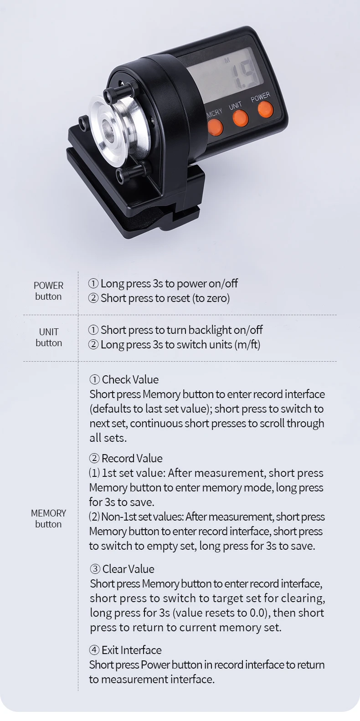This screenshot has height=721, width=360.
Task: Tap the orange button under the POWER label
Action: coord(265,110)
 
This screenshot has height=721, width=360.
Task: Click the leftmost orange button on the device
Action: coord(215,127)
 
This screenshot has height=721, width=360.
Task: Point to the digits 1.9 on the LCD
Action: coord(244,75)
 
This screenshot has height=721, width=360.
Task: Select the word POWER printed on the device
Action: coord(260,97)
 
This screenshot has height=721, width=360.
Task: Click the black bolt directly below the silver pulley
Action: coord(123,174)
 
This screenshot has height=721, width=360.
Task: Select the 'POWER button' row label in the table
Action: coord(48,291)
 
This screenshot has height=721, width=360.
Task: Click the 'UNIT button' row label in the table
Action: coord(48,337)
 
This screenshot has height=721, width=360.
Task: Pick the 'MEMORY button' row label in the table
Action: coord(48,518)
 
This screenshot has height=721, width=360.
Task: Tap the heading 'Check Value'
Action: coord(130,379)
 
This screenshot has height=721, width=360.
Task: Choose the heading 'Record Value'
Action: coord(132,458)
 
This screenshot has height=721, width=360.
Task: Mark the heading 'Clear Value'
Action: coord(128,569)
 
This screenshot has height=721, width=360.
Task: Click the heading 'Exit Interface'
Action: coord(131,650)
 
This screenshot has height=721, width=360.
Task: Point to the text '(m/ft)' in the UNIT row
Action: coord(247,344)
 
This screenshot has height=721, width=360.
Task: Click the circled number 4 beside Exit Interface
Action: coord(94,650)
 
